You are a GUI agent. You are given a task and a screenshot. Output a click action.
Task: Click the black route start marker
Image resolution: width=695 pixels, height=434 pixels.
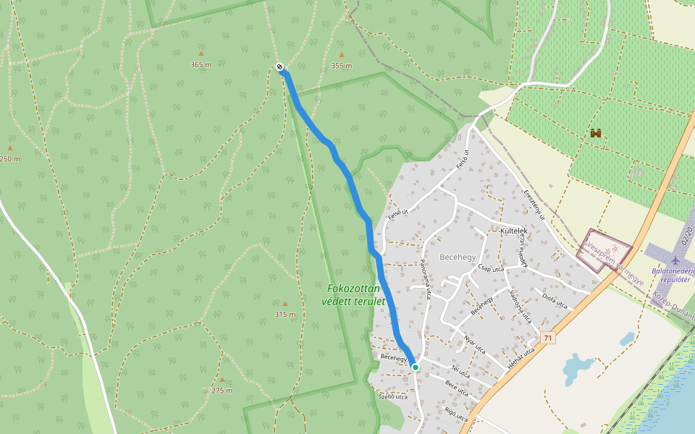(279, 67)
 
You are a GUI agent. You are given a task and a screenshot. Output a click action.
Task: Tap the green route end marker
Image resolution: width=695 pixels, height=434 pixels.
(416, 367)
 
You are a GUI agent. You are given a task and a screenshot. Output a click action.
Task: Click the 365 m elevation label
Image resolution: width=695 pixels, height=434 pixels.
(201, 64)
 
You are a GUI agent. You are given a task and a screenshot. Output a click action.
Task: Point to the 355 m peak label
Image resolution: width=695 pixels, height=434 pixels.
(341, 65)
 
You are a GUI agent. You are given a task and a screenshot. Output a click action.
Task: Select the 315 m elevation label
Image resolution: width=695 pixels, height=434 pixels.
(285, 315)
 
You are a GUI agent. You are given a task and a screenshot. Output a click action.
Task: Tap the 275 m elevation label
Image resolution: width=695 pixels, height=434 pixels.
(222, 390)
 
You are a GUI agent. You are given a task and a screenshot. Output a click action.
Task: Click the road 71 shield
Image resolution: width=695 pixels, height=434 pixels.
(548, 338)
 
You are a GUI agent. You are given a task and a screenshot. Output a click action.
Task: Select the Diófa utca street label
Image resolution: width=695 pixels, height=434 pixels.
(554, 300)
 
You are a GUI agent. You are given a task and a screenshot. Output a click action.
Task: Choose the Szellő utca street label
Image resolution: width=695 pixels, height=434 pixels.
(393, 396)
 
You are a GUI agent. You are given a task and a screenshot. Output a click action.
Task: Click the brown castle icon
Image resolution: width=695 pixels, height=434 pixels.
(597, 133)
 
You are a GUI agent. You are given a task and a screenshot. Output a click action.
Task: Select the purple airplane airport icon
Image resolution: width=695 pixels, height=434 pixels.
(676, 259)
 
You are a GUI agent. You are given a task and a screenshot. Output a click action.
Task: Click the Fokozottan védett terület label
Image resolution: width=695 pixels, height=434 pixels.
(354, 294)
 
